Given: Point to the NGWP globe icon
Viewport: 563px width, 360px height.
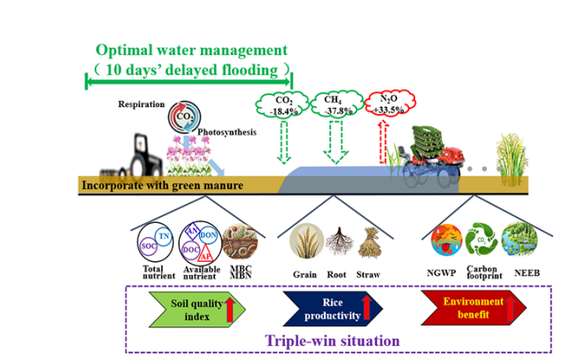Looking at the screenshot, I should pos(443,242).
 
